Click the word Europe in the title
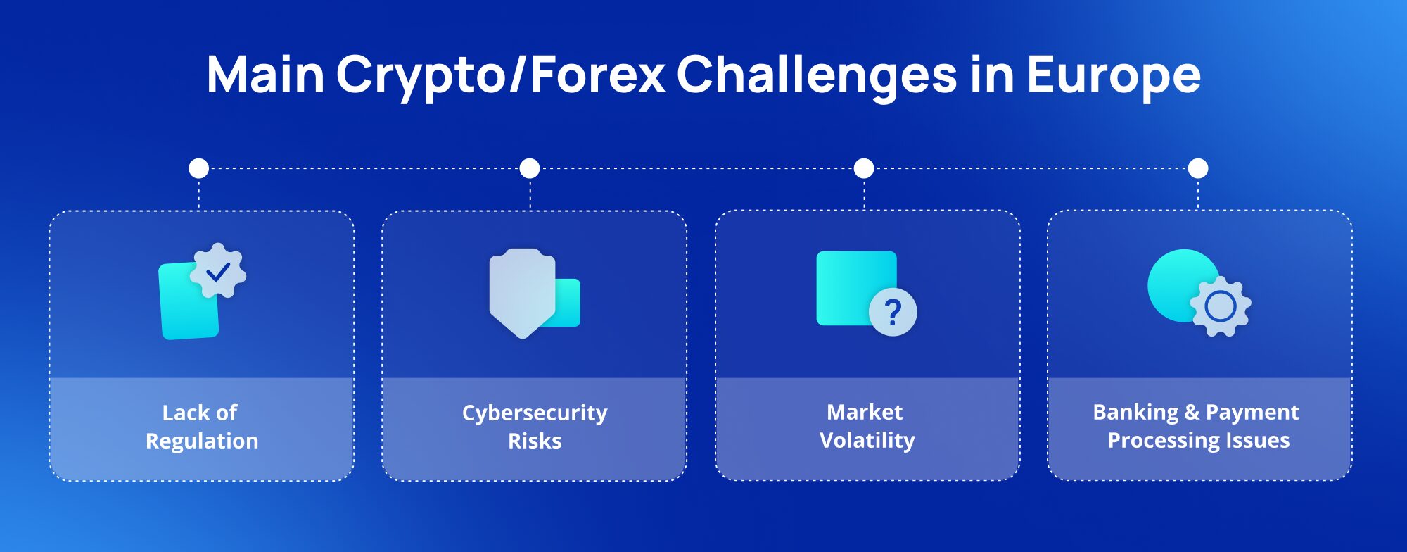click(1114, 75)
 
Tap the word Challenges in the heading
click(817, 75)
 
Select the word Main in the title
click(265, 74)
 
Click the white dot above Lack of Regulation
click(199, 168)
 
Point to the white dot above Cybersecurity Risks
click(530, 168)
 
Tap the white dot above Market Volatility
click(864, 168)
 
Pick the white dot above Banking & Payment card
click(1198, 168)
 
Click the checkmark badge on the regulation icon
click(218, 271)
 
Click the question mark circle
click(893, 312)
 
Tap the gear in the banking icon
click(1221, 306)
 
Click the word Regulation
click(202, 441)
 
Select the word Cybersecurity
click(535, 413)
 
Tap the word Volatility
click(867, 440)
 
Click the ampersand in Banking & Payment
click(1192, 412)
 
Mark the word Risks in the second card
click(535, 441)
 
